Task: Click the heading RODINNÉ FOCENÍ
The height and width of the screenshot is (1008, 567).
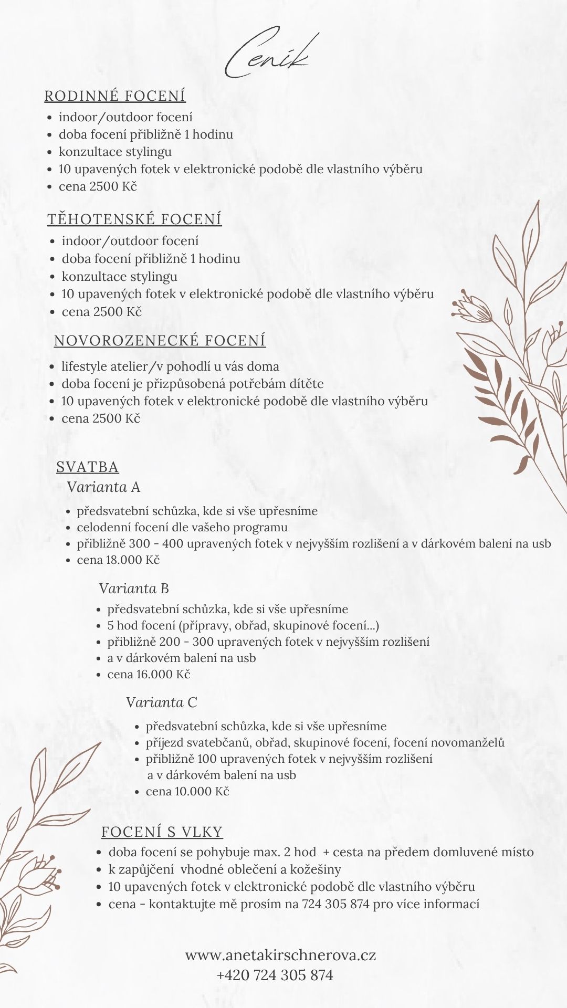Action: coord(115,96)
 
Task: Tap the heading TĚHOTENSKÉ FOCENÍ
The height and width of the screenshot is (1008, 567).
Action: coord(134,219)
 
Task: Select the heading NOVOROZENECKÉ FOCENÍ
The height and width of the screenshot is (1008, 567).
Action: coord(160,341)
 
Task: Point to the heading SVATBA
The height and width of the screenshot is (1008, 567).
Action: coord(87,467)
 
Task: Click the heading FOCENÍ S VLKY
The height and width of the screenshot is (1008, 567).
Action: coord(162,832)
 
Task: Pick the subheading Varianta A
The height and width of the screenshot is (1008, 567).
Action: coord(103,487)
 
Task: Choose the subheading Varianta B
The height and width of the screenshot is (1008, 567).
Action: coord(134,589)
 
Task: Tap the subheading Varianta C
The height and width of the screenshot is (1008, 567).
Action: coord(161,702)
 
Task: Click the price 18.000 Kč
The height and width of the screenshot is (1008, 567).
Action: coord(133,560)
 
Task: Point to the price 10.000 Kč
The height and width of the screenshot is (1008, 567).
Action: coord(202,791)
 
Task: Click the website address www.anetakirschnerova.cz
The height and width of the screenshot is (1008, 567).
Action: coord(280,955)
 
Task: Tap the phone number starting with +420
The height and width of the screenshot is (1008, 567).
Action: coord(275,975)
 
